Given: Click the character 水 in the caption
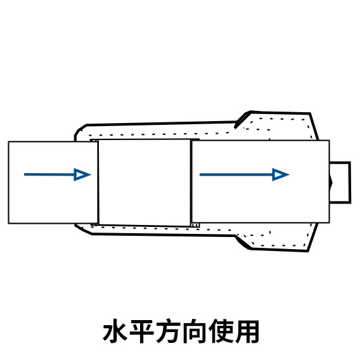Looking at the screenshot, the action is coord(115,331).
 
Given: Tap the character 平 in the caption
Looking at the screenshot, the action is coord(141,331).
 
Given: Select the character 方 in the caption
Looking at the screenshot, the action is coord(167,331).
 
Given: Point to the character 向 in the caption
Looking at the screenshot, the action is coord(194,331).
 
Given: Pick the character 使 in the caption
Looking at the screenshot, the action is coord(220,331).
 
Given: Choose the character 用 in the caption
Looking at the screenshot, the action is coord(247,331).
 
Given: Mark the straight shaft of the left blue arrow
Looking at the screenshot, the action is coord(49,174).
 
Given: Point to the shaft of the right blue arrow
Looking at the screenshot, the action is coord(236,175).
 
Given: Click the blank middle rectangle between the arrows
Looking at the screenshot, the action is coord(145,183).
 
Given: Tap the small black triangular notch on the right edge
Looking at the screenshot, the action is coord(331,183).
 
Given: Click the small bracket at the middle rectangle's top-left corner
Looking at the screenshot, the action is coord(94,140).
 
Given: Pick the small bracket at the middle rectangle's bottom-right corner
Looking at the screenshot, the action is coord(195,225).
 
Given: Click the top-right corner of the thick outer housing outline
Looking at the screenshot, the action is coord(310,113).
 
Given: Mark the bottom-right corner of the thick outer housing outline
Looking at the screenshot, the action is coord(307,251).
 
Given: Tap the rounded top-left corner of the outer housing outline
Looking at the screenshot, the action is coord(79,129).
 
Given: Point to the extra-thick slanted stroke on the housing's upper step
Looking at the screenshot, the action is coord(241,120).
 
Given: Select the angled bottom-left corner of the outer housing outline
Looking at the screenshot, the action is coord(82,230).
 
